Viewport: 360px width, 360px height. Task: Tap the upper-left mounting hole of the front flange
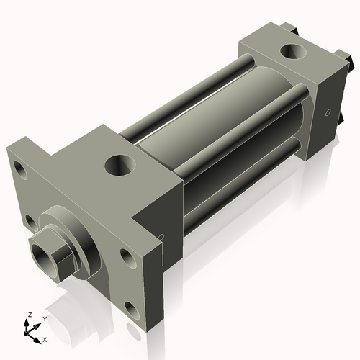19,173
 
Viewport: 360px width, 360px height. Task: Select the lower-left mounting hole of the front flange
30,219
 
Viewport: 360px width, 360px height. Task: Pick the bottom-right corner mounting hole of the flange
133,310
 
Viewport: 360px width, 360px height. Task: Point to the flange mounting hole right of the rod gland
126,256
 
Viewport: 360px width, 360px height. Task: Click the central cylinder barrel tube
216,144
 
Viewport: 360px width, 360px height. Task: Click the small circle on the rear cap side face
328,112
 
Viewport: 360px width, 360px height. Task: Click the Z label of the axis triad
30,315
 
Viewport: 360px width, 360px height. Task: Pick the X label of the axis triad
45,338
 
